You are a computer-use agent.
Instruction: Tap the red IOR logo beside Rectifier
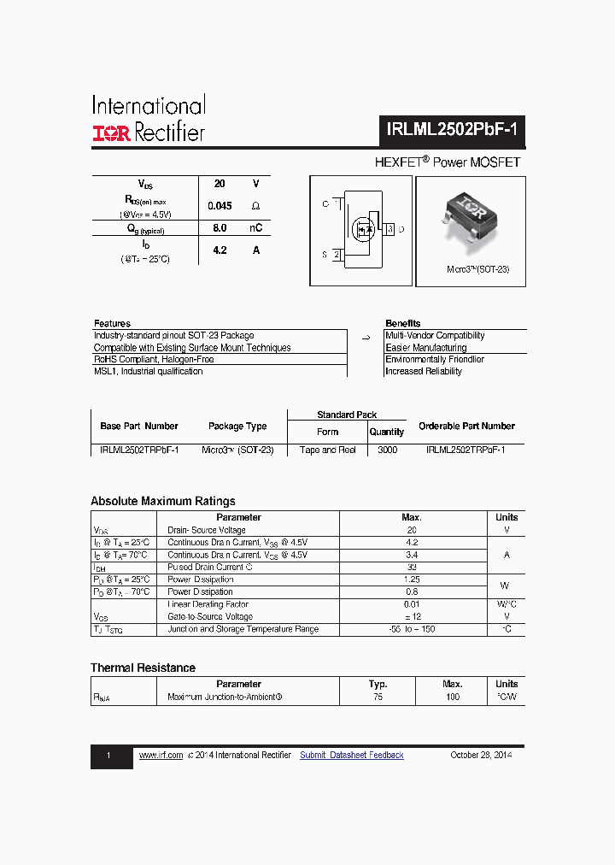[x=111, y=133]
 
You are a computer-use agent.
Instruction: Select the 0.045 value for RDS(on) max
[x=220, y=206]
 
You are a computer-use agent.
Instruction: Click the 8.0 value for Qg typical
[x=220, y=228]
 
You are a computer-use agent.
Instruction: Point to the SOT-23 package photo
[x=470, y=217]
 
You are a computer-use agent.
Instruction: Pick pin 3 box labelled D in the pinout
[x=390, y=229]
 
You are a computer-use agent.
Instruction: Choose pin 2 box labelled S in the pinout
[x=337, y=254]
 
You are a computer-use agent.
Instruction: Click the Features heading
[x=112, y=323]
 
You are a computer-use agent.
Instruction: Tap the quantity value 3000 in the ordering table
[x=387, y=450]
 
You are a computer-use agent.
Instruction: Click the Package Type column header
[x=237, y=426]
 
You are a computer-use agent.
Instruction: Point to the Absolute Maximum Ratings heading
[x=163, y=501]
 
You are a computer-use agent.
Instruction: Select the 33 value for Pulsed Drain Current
[x=412, y=567]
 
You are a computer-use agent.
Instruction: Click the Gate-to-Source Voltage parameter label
[x=210, y=616]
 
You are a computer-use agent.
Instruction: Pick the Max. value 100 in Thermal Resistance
[x=452, y=697]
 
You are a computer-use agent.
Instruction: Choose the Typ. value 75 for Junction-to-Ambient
[x=378, y=697]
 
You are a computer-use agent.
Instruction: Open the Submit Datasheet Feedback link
[x=352, y=755]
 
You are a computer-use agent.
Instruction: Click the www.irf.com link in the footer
[x=161, y=755]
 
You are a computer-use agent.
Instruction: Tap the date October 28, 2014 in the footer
[x=481, y=755]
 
